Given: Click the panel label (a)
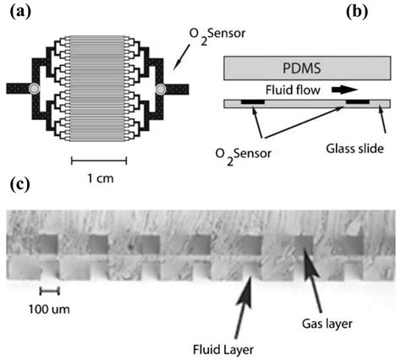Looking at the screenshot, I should [x=19, y=12].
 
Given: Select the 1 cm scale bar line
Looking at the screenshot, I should [x=99, y=160].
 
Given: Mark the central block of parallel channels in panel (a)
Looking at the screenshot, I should [x=97, y=89].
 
